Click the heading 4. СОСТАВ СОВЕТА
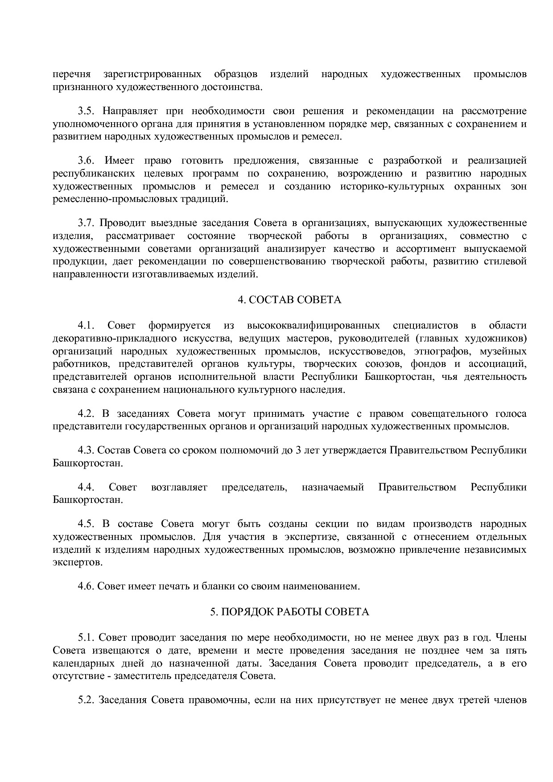[x=289, y=300]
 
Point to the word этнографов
[x=440, y=351]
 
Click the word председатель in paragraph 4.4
[x=254, y=487]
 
